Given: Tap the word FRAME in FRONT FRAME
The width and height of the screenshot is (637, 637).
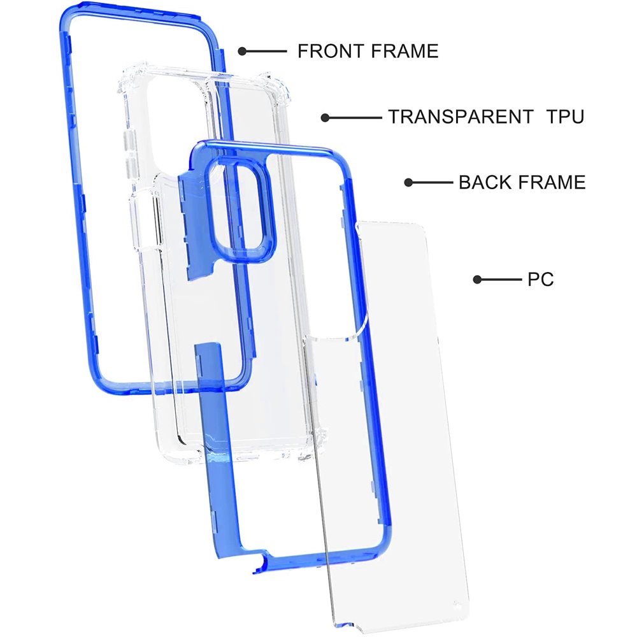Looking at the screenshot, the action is [404, 51].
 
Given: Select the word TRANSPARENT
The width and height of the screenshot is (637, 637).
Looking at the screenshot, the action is [461, 117].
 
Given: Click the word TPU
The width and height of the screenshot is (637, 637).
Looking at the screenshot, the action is [565, 117].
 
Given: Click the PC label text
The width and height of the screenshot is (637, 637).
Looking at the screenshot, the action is [541, 279].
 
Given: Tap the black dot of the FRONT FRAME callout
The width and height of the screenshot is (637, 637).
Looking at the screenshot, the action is [243, 51].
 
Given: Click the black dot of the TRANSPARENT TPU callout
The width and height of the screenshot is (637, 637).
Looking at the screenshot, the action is [325, 118].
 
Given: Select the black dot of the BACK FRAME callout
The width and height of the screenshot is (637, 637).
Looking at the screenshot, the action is [409, 182].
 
